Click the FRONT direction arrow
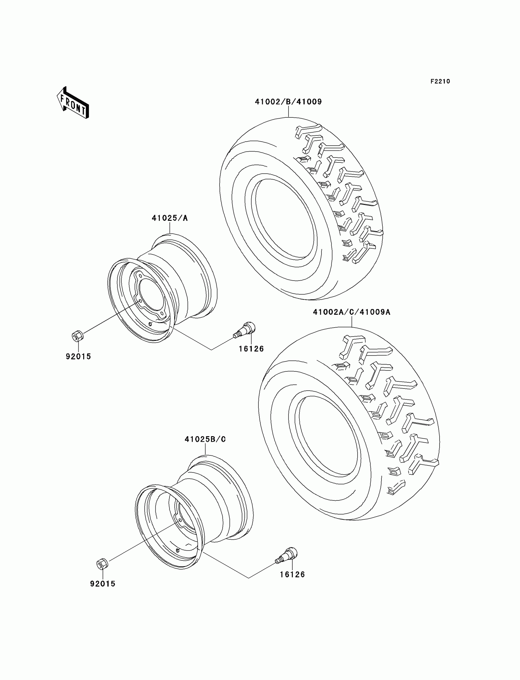coord(73,103)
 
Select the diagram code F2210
coord(440,81)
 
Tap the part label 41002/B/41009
coord(288,102)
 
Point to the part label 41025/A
coord(170,218)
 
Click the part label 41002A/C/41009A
coord(352,312)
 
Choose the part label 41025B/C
coord(205,439)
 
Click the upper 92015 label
coord(78,357)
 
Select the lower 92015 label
coord(103,584)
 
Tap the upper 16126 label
coord(251,349)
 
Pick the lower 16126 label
coord(292,574)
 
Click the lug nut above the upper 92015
coord(77,336)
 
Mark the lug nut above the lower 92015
coord(102,564)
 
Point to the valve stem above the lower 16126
coord(286,555)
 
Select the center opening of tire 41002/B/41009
coord(284,218)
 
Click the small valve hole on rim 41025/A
coord(150,324)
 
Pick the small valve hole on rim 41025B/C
coord(178,550)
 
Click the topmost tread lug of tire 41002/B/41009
coord(308,130)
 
